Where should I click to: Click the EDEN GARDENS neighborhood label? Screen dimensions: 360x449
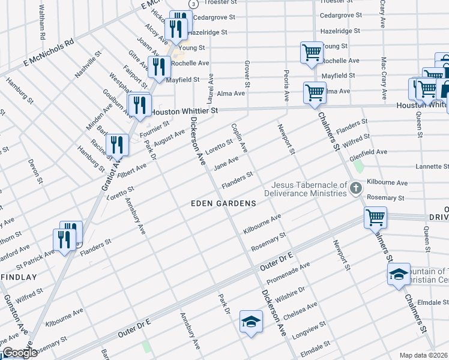pos(223,203)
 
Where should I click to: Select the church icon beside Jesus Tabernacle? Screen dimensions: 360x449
pos(355,189)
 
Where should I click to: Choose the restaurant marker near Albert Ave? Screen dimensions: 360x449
pos(117,145)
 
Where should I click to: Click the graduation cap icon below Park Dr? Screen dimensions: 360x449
pos(251,320)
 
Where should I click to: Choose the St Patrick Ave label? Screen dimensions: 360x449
pos(35,257)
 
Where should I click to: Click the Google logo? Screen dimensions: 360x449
pos(20,353)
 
